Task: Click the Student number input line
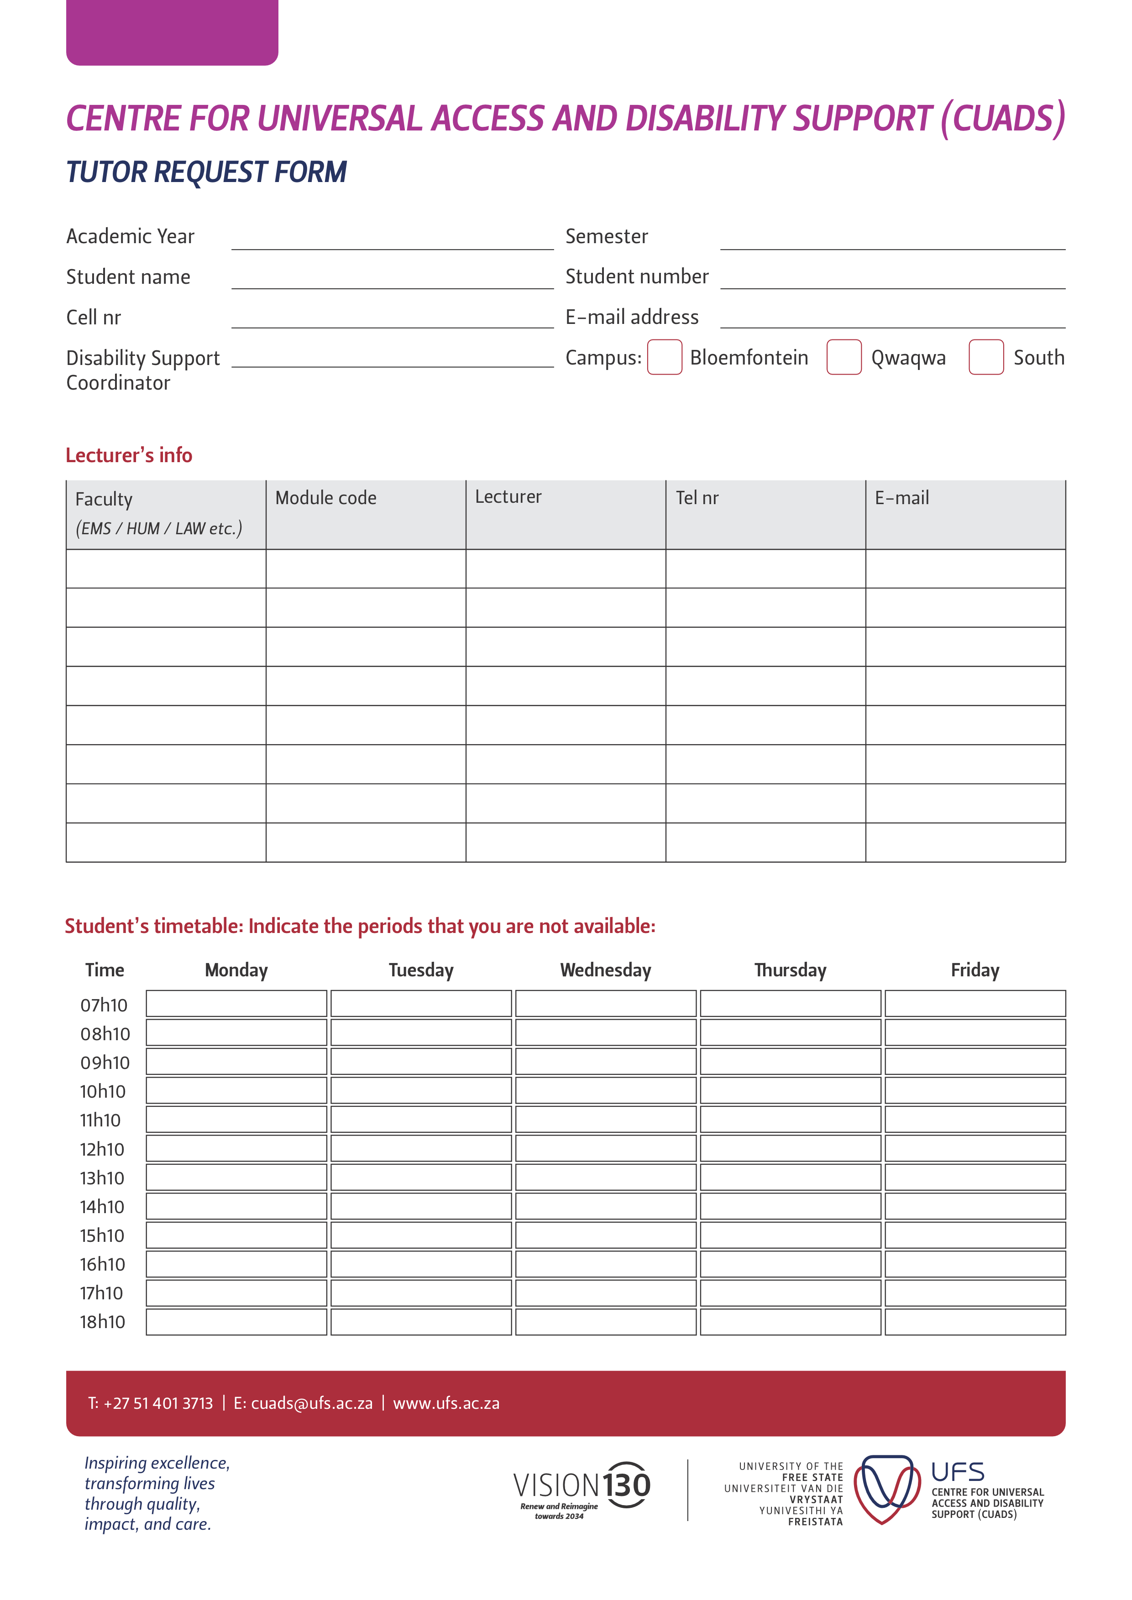click(x=892, y=280)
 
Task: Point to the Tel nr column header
click(x=697, y=498)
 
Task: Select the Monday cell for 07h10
click(x=236, y=1004)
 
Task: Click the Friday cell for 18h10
click(x=975, y=1322)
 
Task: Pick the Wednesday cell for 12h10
click(x=605, y=1148)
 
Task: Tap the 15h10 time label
click(x=102, y=1235)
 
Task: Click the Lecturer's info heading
click(x=129, y=455)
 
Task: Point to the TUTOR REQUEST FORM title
click(x=206, y=172)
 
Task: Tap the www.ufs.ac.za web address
click(x=446, y=1403)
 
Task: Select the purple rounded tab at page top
click(x=172, y=31)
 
